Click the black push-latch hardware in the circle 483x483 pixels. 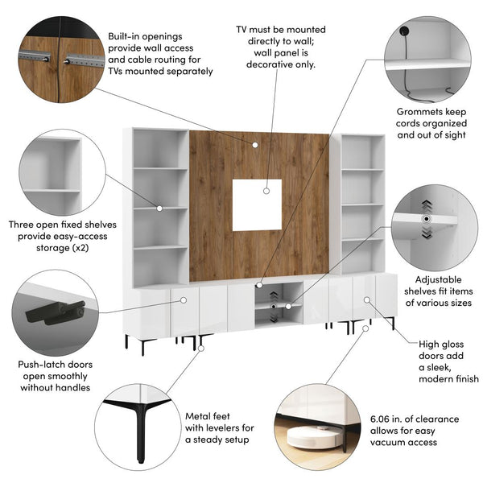[x=55, y=312]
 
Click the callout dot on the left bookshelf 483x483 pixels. [x=160, y=208]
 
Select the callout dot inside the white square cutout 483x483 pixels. [x=266, y=191]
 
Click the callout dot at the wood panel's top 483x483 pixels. [x=254, y=145]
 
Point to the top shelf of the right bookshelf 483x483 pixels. [x=361, y=150]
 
